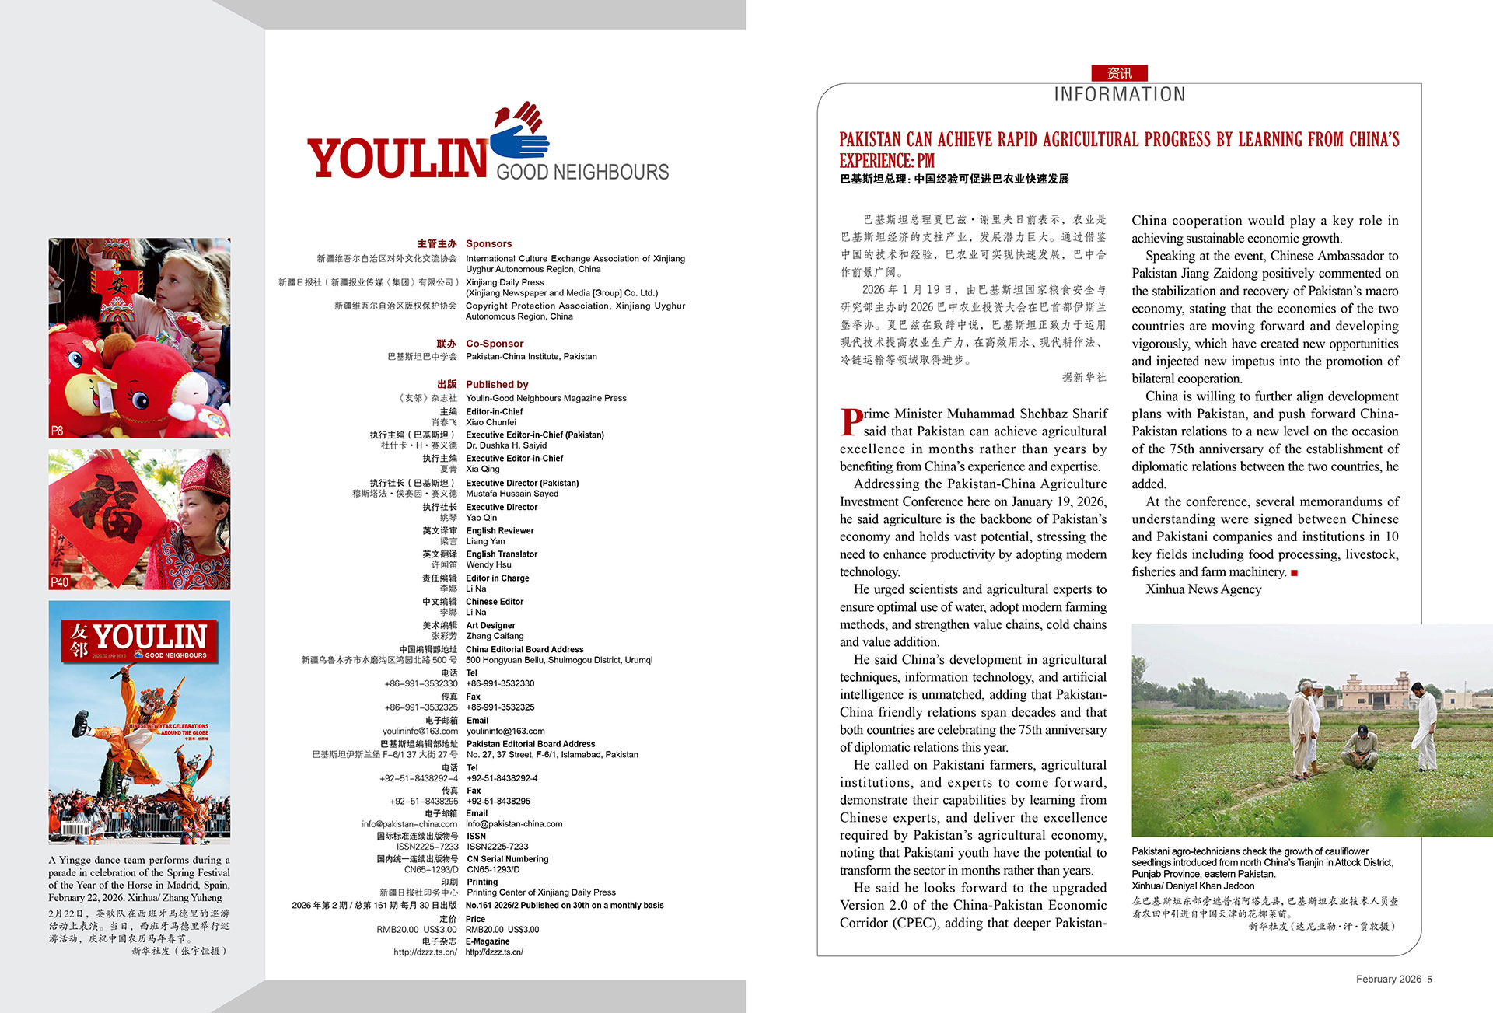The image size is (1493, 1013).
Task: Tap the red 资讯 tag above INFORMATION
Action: [x=1119, y=73]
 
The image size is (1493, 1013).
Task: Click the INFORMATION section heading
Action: [x=1119, y=94]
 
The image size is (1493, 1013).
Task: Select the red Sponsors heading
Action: [x=488, y=243]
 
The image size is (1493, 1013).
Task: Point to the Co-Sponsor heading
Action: [x=495, y=343]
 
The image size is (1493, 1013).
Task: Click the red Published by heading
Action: [x=497, y=384]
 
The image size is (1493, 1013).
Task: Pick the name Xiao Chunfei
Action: [x=491, y=422]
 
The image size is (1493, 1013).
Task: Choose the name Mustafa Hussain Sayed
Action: [x=512, y=493]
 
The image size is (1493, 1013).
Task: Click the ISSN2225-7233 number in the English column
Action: [x=497, y=847]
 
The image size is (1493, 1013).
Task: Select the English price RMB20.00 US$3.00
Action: [x=502, y=929]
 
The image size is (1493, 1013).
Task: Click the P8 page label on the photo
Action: [x=58, y=430]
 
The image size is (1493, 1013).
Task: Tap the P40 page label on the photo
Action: [x=60, y=582]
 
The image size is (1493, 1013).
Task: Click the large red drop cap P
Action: [x=851, y=422]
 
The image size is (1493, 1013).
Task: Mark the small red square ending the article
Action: [x=1294, y=573]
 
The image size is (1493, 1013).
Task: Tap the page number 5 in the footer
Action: [x=1429, y=979]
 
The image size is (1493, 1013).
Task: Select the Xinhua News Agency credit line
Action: [x=1203, y=589]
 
